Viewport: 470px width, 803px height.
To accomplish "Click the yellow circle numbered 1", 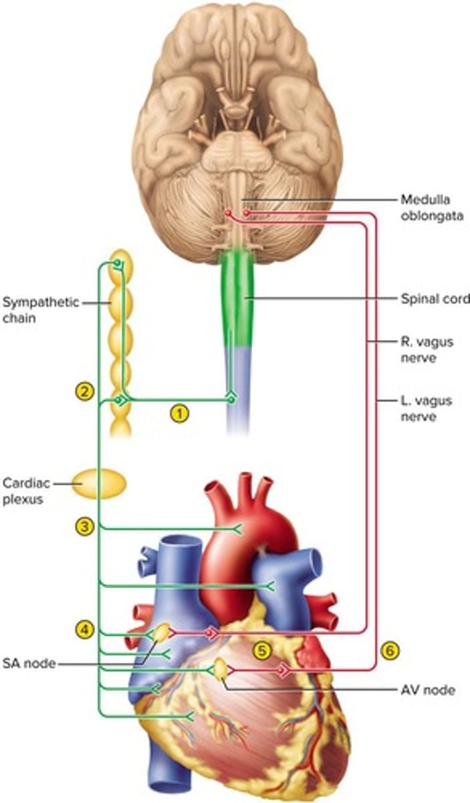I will point(178,414).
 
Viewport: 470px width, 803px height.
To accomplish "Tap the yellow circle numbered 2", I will point(84,391).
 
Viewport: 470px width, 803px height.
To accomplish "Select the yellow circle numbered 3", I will point(84,527).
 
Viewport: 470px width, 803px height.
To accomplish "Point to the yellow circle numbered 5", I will point(261,648).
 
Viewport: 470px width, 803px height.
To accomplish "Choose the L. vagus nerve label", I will point(427,409).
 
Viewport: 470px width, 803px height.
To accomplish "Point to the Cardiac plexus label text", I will point(25,490).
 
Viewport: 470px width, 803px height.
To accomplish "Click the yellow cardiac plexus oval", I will point(99,484).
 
